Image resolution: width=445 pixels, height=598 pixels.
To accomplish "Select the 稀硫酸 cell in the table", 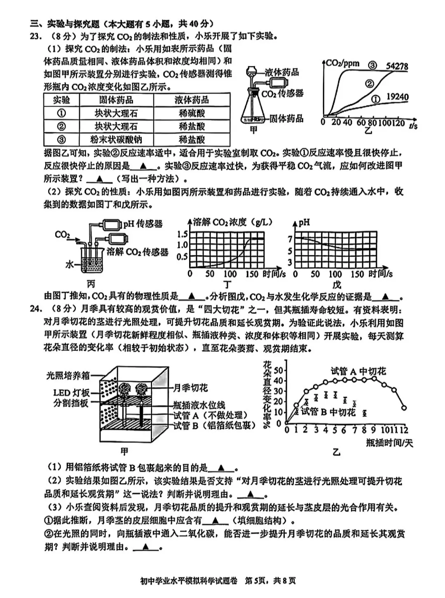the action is tap(192, 113).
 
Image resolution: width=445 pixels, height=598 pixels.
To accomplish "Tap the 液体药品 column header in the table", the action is tap(192, 100).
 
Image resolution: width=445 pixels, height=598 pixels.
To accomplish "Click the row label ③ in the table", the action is tap(61, 139).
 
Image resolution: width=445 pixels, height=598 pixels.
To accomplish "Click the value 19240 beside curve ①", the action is tap(397, 97).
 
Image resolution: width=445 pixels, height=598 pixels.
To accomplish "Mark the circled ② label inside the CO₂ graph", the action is tap(369, 83).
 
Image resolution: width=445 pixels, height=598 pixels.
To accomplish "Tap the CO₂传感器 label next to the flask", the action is tap(283, 93).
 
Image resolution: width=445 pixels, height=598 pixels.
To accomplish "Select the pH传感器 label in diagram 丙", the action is tap(143, 224).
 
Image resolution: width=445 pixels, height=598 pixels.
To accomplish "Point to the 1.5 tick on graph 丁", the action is tap(182, 234).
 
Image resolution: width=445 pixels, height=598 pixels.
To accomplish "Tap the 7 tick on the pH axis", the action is tap(290, 239).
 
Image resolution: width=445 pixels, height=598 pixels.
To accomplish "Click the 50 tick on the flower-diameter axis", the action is tap(279, 370).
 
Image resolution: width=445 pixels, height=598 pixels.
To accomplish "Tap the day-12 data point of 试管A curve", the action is tap(404, 408).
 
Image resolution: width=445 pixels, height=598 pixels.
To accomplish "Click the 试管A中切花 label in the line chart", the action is tap(358, 371).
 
